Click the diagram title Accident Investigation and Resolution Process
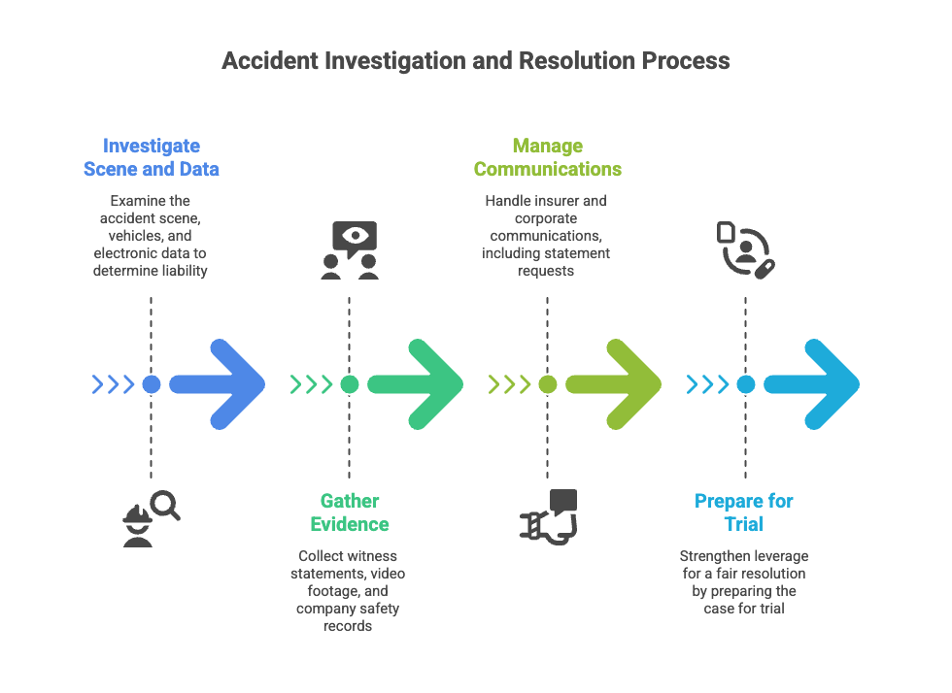point(475,60)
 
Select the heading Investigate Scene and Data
point(151,157)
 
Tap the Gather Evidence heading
point(350,512)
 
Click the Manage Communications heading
point(547,157)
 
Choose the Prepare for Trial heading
point(744,512)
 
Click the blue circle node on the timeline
point(151,384)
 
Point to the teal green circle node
point(349,384)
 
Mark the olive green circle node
point(547,384)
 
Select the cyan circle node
point(745,384)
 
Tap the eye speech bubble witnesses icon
point(350,250)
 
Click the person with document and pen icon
point(745,249)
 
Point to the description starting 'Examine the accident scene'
point(151,236)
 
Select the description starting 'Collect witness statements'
point(350,591)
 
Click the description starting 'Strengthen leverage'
point(744,582)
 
